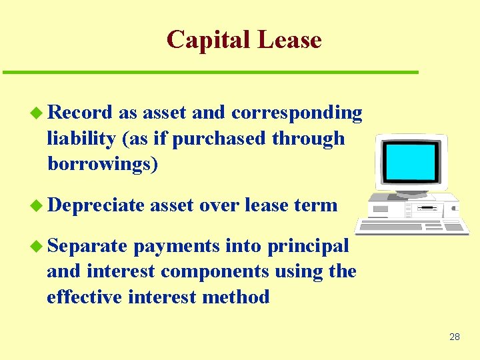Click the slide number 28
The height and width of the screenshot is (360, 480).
coord(455,337)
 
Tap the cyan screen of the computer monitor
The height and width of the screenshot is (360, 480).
coord(411,160)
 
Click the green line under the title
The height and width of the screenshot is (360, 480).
coord(210,72)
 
